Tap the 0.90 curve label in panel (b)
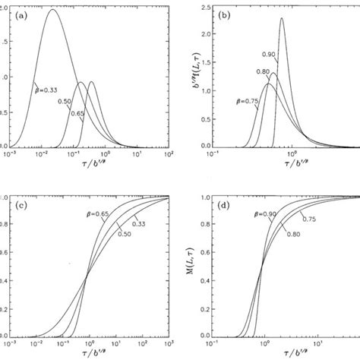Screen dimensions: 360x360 pyautogui.click(x=266, y=55)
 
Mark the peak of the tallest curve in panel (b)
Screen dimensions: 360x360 pyautogui.click(x=282, y=19)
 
